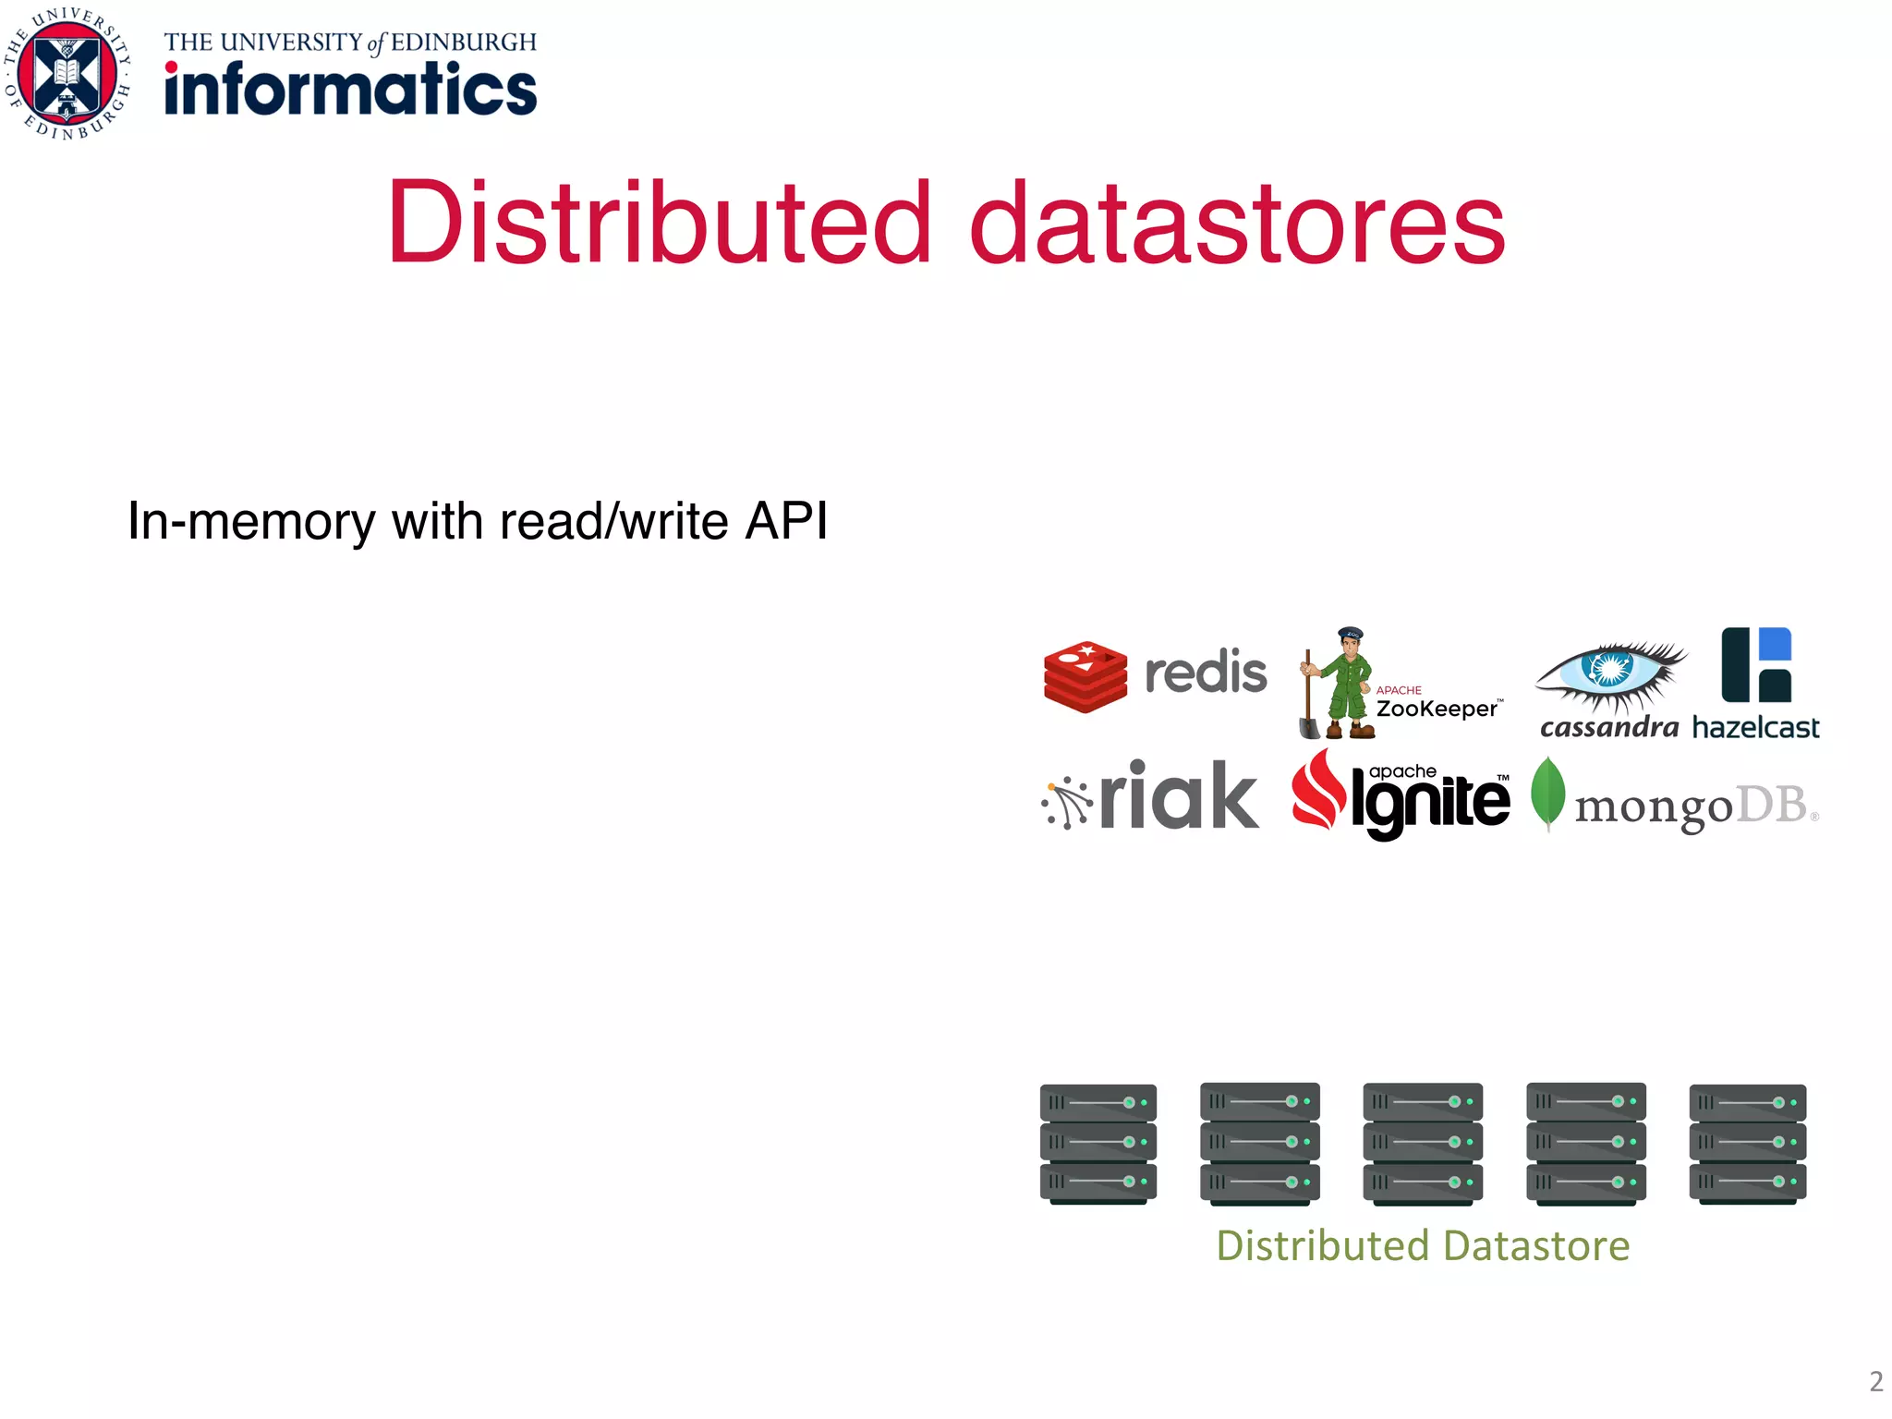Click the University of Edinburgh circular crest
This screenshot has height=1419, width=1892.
click(67, 74)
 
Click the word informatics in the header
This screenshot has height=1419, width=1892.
click(350, 90)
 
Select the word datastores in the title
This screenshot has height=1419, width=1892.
click(1237, 223)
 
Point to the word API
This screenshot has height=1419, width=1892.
click(785, 521)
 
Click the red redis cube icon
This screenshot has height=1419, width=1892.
click(1085, 676)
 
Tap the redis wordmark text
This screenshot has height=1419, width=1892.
click(1206, 673)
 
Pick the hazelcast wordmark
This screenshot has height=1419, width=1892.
click(1755, 728)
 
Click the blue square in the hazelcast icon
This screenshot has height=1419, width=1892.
click(1776, 644)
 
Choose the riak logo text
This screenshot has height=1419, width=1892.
click(1178, 796)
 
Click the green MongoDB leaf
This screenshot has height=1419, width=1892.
click(1548, 793)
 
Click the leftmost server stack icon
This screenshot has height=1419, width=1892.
click(1098, 1144)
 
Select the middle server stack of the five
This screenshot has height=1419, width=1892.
click(1423, 1144)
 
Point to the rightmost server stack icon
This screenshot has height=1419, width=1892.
click(1747, 1144)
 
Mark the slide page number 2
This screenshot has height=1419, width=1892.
click(1875, 1381)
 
